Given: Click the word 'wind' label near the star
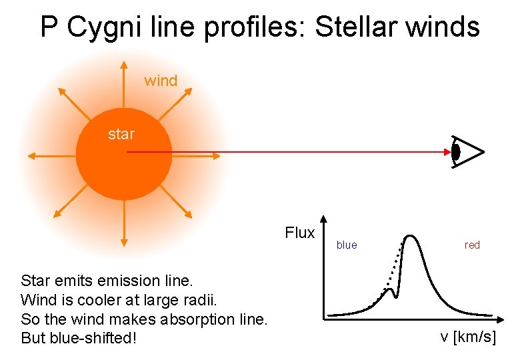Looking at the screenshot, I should click(161, 81).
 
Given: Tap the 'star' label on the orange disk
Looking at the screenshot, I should click(121, 134).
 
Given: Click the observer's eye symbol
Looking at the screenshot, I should click(466, 152).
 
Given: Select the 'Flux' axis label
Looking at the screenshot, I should click(299, 233).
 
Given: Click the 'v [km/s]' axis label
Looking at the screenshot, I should click(468, 337).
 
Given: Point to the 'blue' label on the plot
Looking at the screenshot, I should click(347, 245).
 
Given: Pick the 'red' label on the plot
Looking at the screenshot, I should click(472, 245).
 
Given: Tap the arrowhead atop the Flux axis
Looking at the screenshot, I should click(323, 219).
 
